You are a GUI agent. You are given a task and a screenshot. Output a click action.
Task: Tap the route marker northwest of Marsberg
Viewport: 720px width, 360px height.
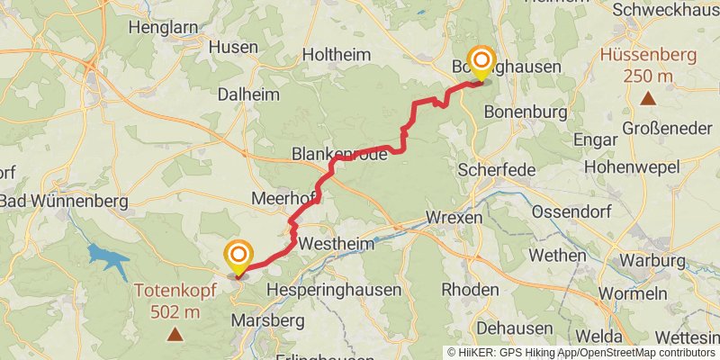[x=238, y=258]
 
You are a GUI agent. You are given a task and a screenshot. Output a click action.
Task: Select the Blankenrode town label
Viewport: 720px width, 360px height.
[x=339, y=155]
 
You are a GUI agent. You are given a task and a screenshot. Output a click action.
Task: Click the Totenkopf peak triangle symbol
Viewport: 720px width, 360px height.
[x=175, y=336]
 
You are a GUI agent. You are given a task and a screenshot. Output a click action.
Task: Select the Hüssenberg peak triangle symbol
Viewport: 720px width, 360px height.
[x=647, y=97]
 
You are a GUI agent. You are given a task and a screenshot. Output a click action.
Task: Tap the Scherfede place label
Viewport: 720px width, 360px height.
[x=497, y=170]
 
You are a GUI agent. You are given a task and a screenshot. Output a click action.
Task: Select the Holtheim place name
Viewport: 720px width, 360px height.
[x=336, y=55]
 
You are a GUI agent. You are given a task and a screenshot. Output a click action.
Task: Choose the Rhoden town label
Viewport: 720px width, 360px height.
[x=471, y=290]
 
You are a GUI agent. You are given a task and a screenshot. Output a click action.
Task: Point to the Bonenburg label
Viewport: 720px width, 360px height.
[x=526, y=112]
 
